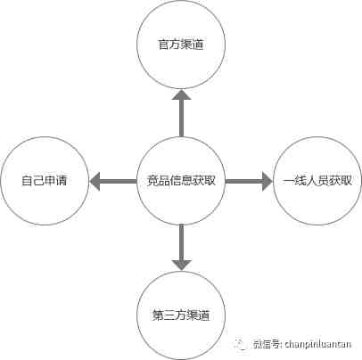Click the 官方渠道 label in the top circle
pyautogui.click(x=181, y=45)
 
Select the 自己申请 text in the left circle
pyautogui.click(x=45, y=181)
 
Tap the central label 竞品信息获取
pyautogui.click(x=181, y=181)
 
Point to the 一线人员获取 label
pyautogui.click(x=317, y=181)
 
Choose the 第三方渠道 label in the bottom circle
pyautogui.click(x=181, y=315)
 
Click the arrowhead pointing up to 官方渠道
pyautogui.click(x=181, y=94)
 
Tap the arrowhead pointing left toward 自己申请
pyautogui.click(x=95, y=181)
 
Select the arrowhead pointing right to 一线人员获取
pyautogui.click(x=267, y=181)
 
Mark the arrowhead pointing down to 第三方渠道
pyautogui.click(x=181, y=265)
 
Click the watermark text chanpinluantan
pyautogui.click(x=318, y=344)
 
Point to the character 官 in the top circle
pyautogui.click(x=163, y=45)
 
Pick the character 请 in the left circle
pyautogui.click(x=62, y=181)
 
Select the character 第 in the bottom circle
pyautogui.click(x=158, y=315)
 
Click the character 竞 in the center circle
pyautogui.click(x=152, y=181)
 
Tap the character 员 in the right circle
pyautogui.click(x=323, y=181)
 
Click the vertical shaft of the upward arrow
pyautogui.click(x=181, y=119)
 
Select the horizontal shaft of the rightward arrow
pyautogui.click(x=244, y=181)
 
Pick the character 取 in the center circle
pyautogui.click(x=210, y=181)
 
